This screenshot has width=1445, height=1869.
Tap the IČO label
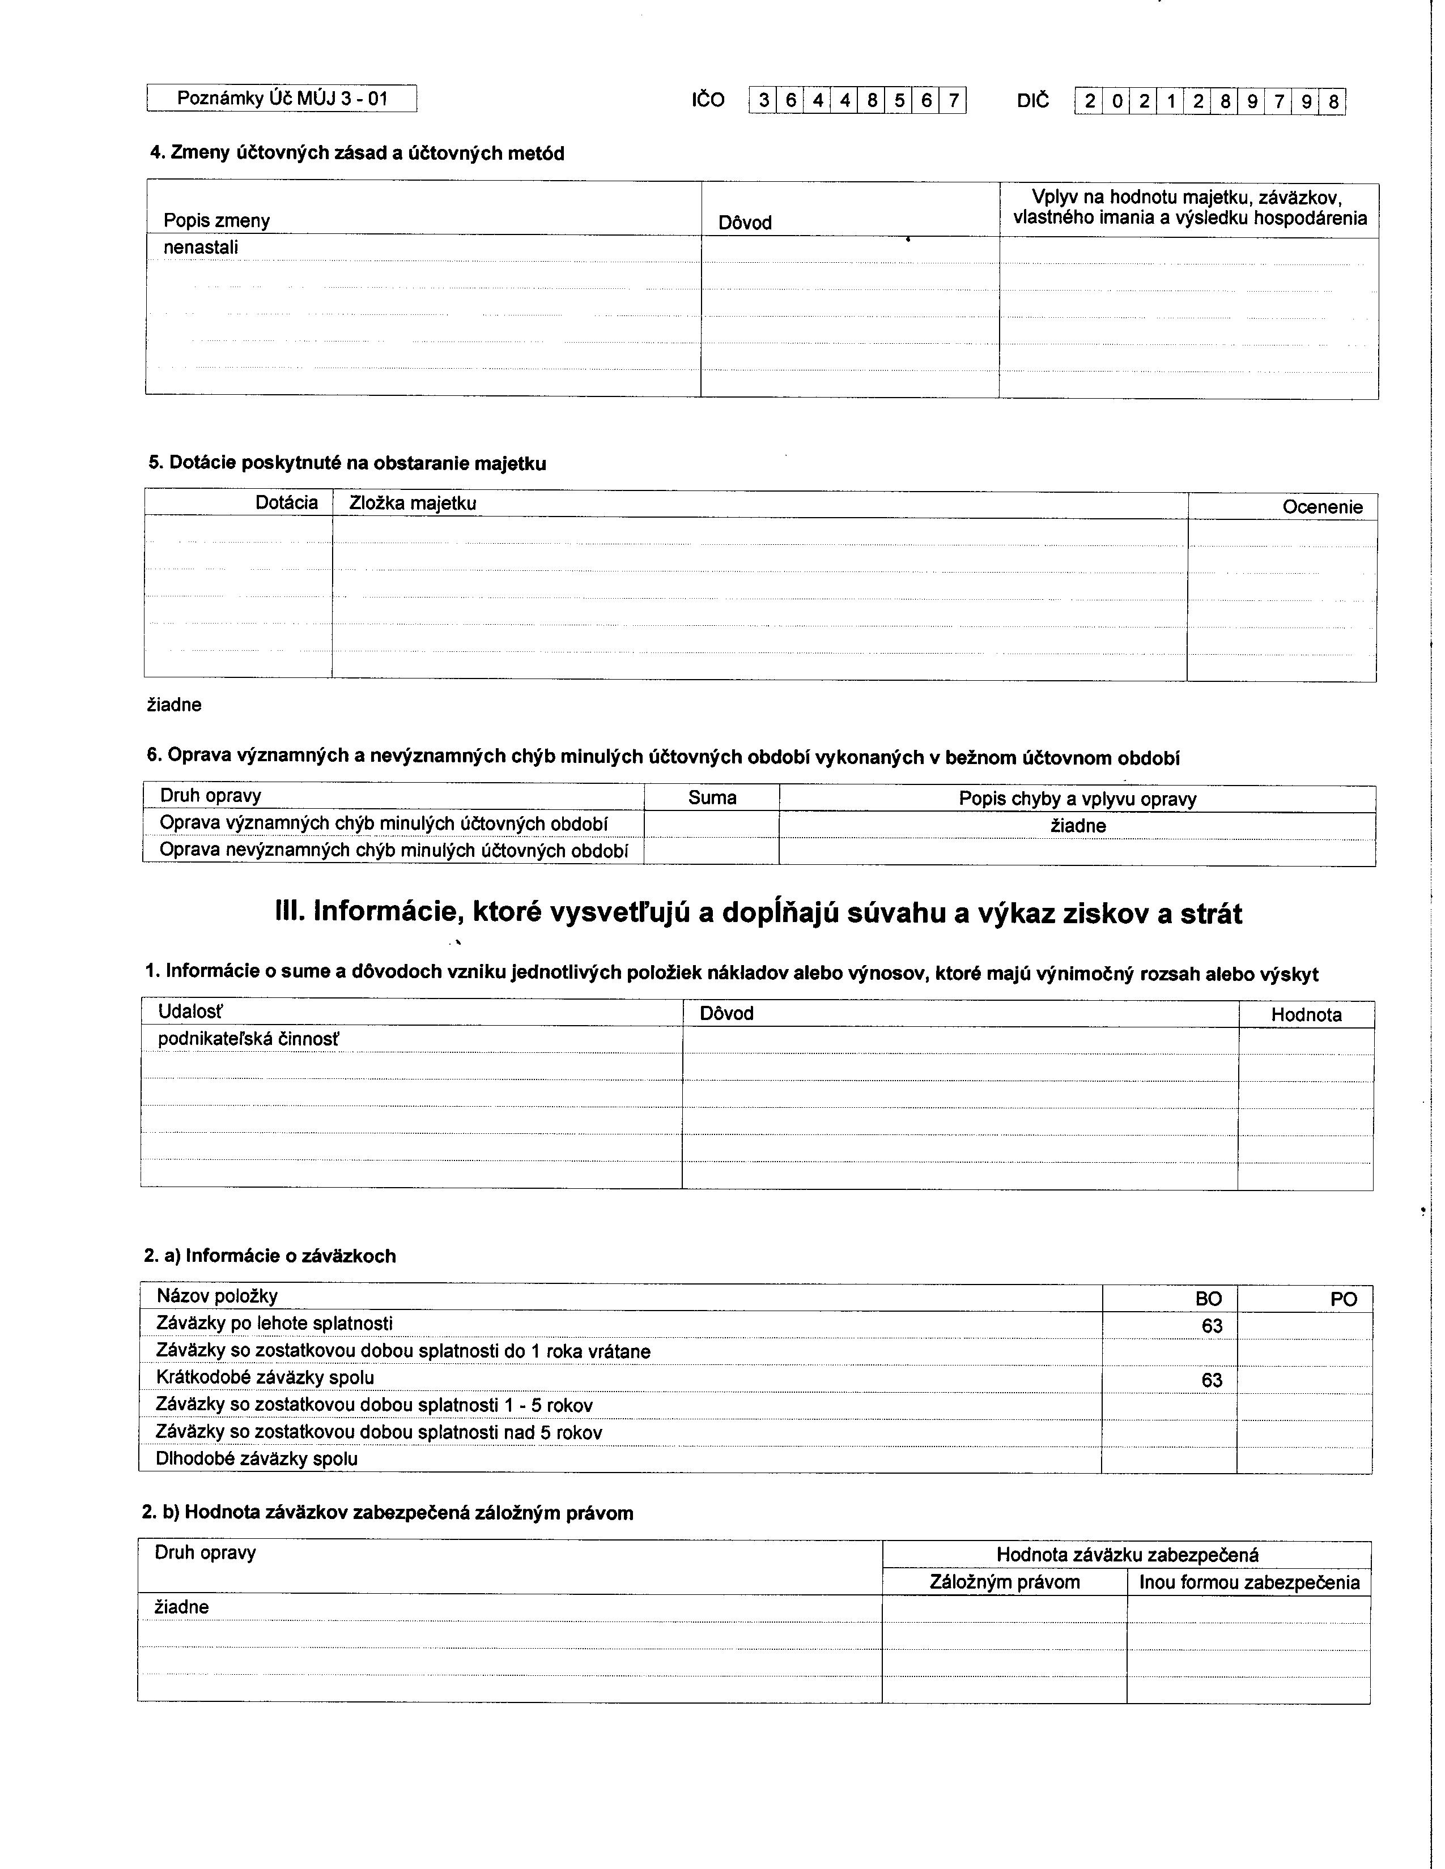(x=708, y=100)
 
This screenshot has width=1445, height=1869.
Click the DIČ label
(x=1032, y=100)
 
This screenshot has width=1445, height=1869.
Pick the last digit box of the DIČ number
(x=1333, y=103)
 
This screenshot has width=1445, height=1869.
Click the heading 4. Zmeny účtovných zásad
(x=357, y=153)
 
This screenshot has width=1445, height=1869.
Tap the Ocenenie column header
(x=1321, y=507)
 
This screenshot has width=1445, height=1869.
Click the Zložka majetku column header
(x=413, y=503)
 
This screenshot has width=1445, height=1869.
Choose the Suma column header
(x=712, y=797)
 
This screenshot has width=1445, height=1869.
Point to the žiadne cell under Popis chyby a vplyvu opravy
(x=1078, y=826)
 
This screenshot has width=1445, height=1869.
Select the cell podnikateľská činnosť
(x=248, y=1039)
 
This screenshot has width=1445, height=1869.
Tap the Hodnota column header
(x=1306, y=1015)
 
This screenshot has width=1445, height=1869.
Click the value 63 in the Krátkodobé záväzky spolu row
(x=1212, y=1380)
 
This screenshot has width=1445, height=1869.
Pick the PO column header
(x=1343, y=1299)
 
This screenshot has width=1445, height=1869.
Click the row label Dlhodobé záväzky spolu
(x=257, y=1458)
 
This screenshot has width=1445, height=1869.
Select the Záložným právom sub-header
(x=1004, y=1582)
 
